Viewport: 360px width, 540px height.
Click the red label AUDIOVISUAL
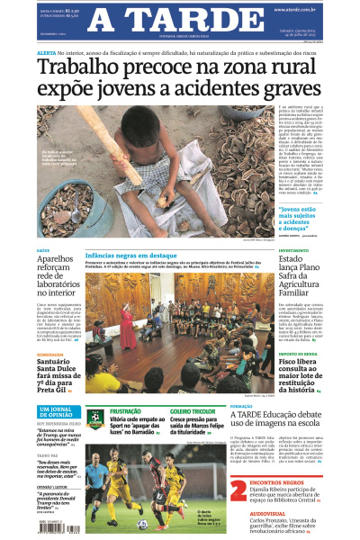coord(270,516)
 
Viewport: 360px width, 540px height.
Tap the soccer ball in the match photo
coord(141,524)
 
